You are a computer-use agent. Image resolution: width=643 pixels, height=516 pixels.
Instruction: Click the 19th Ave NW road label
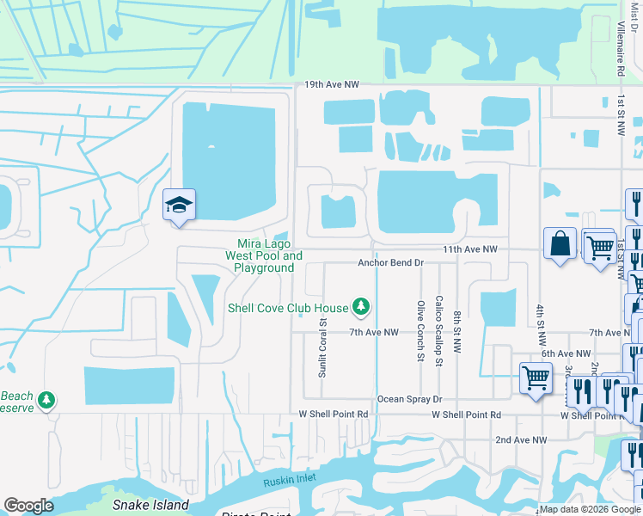coord(331,85)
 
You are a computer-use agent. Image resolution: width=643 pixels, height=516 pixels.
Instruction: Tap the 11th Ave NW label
coord(470,249)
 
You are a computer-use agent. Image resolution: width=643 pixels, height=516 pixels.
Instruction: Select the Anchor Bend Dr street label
coord(391,263)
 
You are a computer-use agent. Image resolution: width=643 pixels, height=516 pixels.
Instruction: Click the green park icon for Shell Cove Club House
coord(361,306)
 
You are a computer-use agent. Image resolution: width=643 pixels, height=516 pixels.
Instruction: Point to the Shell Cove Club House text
coord(288,308)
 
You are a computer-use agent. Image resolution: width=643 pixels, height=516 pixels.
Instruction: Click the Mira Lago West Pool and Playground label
coord(264,255)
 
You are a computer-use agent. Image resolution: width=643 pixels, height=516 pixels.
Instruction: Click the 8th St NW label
coord(458,335)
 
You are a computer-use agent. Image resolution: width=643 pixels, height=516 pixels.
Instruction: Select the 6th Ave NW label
coord(566,353)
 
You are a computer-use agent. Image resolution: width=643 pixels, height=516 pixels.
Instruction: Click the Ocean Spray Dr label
coord(409,400)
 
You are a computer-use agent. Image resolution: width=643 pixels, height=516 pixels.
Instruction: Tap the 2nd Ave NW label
coord(520,440)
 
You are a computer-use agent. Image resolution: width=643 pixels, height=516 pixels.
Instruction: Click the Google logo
coord(28,506)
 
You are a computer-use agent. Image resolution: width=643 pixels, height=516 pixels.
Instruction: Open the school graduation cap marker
coord(179,206)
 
